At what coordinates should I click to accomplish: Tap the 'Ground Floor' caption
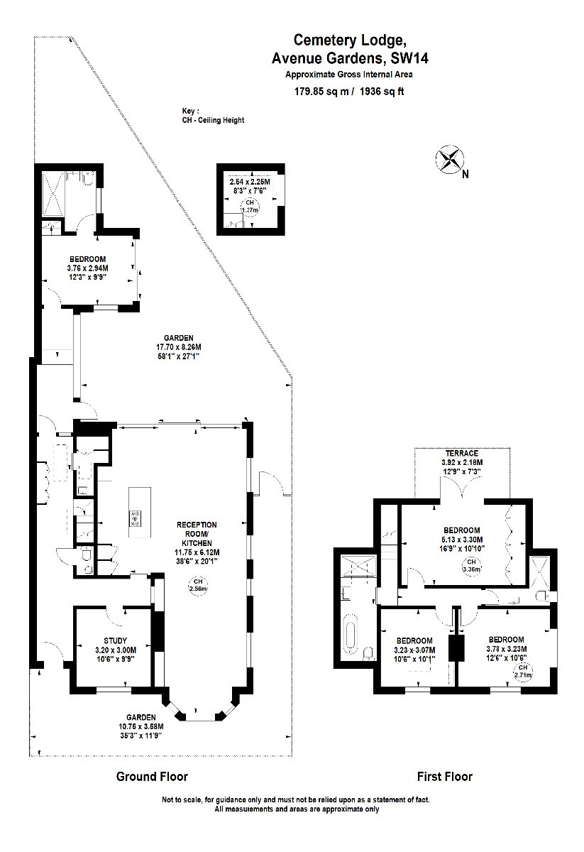(152, 777)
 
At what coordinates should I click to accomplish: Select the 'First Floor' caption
(443, 777)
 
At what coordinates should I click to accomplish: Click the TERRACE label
(461, 453)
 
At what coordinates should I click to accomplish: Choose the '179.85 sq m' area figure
(322, 91)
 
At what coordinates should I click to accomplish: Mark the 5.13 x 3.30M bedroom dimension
(461, 540)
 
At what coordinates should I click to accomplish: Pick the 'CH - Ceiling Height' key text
(213, 120)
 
